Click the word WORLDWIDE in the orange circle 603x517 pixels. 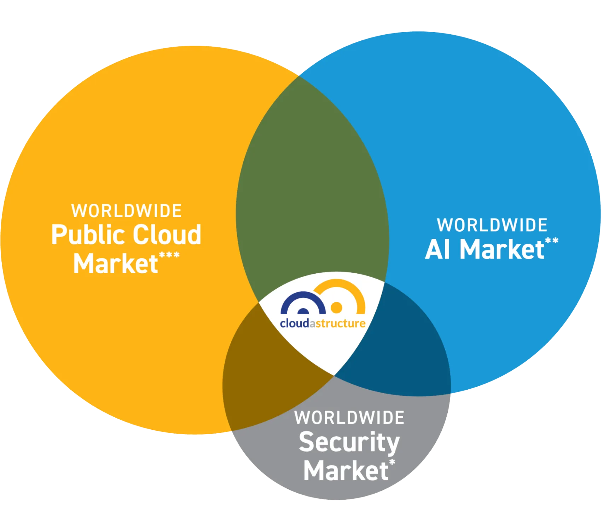point(126,211)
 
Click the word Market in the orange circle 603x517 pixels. point(115,263)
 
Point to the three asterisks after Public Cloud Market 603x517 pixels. point(169,255)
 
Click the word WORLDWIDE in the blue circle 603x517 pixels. point(492,225)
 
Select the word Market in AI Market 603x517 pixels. point(501,249)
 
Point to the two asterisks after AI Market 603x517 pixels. point(552,241)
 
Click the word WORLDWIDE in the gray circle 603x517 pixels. point(349,418)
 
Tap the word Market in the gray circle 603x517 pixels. point(346,471)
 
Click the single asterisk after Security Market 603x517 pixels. point(392,462)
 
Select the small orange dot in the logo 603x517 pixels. point(336,307)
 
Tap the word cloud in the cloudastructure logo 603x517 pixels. point(294,324)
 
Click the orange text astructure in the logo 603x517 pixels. point(337,324)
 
